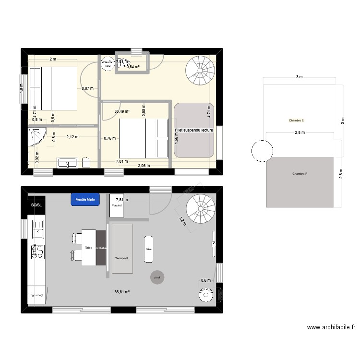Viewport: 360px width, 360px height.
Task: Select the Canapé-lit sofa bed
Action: pyautogui.click(x=122, y=248)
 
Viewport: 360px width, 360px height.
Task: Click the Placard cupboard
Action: pyautogui.click(x=117, y=205)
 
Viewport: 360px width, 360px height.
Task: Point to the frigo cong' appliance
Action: pyautogui.click(x=36, y=295)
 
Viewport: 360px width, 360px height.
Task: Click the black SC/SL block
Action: pyautogui.click(x=36, y=205)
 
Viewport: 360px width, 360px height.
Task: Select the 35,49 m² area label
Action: pyautogui.click(x=121, y=112)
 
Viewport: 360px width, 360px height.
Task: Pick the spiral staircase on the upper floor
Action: pyautogui.click(x=200, y=70)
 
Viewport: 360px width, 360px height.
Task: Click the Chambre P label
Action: pyautogui.click(x=299, y=174)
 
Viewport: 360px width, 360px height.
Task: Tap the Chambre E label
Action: pyautogui.click(x=296, y=120)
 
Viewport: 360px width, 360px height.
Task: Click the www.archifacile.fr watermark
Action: pyautogui.click(x=331, y=327)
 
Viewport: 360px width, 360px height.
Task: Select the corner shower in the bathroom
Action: pyautogui.click(x=36, y=137)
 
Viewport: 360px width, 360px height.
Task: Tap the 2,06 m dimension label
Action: pyautogui.click(x=144, y=166)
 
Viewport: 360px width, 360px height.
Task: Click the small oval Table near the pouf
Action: pyautogui.click(x=149, y=249)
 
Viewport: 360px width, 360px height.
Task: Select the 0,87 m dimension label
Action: pyautogui.click(x=87, y=88)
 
